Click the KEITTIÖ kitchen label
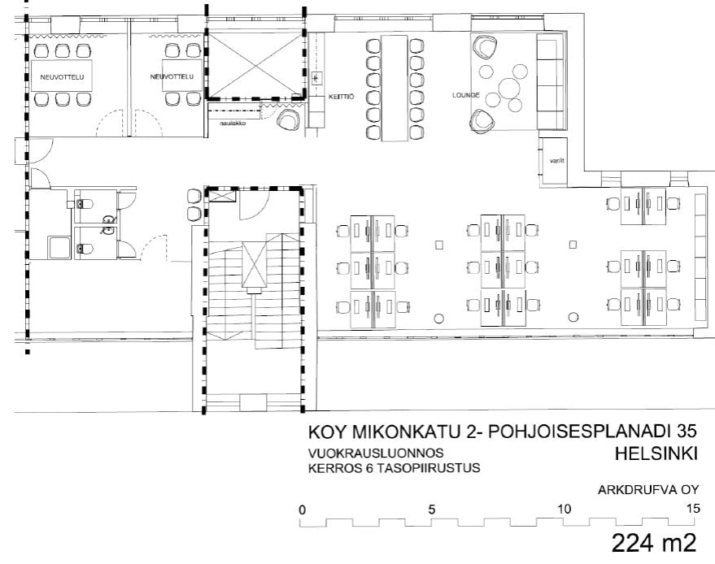click(341, 97)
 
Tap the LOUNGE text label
click(465, 95)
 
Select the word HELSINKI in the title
click(656, 453)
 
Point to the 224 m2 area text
click(654, 543)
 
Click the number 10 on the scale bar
click(564, 509)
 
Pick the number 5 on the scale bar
click(431, 509)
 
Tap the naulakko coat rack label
click(233, 123)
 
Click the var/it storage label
click(556, 160)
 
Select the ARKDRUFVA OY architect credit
click(648, 490)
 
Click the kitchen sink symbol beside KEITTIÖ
click(315, 78)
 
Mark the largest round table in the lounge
click(509, 89)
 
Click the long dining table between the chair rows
click(394, 88)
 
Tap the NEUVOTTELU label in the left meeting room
click(62, 77)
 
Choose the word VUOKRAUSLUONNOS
click(376, 453)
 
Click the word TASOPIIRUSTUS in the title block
click(428, 468)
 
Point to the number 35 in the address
click(687, 431)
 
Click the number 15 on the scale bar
click(693, 509)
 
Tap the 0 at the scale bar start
click(302, 510)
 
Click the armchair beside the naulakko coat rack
click(289, 119)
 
